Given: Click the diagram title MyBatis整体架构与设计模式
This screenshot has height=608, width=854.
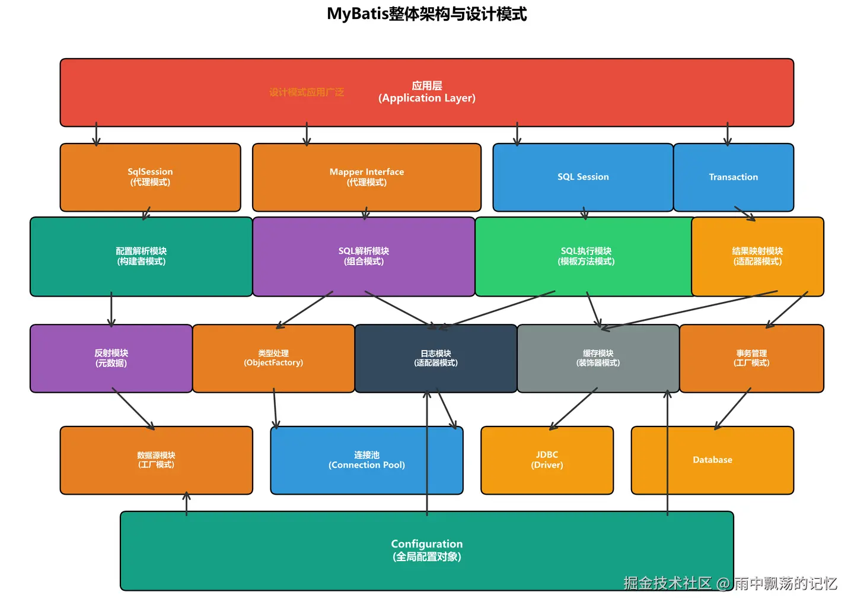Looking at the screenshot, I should pos(426,14).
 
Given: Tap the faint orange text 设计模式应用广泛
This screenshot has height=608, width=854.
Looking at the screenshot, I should pos(307,92).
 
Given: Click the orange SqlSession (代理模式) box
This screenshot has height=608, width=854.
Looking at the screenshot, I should pos(150,177).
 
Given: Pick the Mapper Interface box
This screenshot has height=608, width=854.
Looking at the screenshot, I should pos(367,177).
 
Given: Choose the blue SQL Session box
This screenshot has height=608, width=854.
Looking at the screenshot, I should pos(583,177).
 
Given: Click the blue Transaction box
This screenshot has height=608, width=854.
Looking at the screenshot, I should pos(733,177).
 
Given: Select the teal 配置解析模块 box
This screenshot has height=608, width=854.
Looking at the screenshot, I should pos(141,256).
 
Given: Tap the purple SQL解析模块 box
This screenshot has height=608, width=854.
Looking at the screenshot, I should pos(364,256).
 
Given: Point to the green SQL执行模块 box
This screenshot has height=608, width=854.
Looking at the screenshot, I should pos(586,256).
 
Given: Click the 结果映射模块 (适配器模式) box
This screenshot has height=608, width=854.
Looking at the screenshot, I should pos(757,256).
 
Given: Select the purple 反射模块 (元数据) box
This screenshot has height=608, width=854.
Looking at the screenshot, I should pos(111,358).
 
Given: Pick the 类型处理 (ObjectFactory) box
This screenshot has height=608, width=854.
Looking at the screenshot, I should pos(273,358).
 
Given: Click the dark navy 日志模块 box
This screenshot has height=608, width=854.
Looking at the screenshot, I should pos(436,358).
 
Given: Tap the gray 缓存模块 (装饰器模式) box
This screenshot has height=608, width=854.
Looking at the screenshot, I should pos(598,358).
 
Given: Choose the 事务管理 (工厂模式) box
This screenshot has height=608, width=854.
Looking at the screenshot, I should pos(751,358).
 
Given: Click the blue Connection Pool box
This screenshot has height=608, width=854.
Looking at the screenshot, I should pos(367,460).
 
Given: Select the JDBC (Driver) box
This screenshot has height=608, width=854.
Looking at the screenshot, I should pos(547,460).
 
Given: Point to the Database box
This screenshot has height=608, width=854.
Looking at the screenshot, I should pos(712,460).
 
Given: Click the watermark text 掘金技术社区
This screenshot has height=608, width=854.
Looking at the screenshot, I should pos(667,583).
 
